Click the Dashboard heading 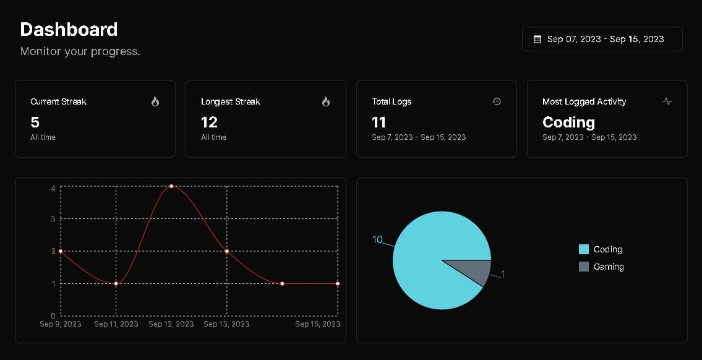click(69, 29)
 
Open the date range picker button click(602, 39)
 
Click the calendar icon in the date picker click(537, 39)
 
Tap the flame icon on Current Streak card click(155, 101)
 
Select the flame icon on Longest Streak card click(326, 101)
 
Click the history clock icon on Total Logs click(497, 101)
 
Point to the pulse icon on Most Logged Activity click(667, 101)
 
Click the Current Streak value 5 click(35, 122)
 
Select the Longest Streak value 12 click(209, 122)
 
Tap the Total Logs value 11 click(379, 122)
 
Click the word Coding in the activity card click(568, 122)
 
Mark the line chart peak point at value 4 click(171, 186)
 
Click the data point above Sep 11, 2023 click(116, 283)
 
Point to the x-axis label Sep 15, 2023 click(317, 324)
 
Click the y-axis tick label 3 click(53, 218)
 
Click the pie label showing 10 click(377, 240)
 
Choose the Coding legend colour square click(584, 249)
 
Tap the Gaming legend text click(609, 267)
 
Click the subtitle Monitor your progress click(80, 51)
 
